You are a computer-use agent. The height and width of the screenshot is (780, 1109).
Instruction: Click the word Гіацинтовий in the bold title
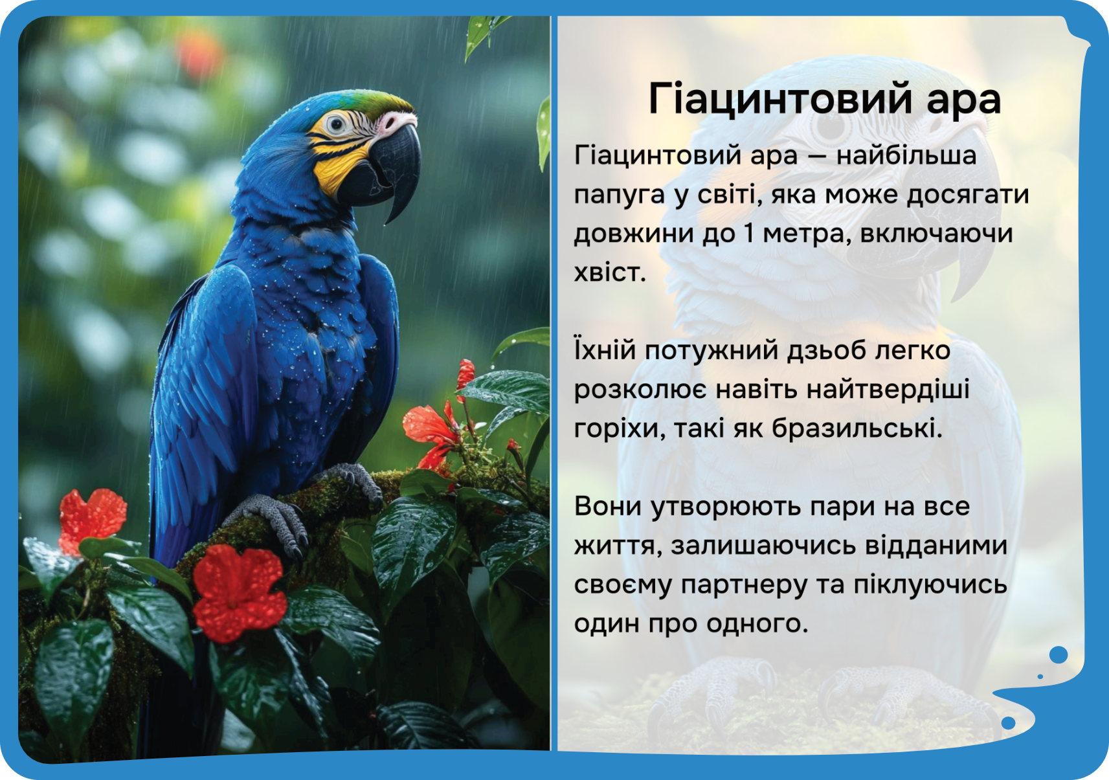pyautogui.click(x=780, y=99)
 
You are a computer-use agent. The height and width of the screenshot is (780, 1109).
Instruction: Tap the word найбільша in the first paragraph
pyautogui.click(x=906, y=155)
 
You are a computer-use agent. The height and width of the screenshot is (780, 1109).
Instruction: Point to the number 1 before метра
pyautogui.click(x=748, y=233)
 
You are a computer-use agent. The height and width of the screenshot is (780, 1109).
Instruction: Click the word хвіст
pyautogui.click(x=610, y=272)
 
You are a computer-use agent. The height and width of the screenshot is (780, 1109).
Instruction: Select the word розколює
pyautogui.click(x=641, y=390)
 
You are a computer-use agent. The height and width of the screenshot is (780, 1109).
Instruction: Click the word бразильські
pyautogui.click(x=857, y=428)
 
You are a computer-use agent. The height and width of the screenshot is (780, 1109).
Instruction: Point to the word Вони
pyautogui.click(x=607, y=506)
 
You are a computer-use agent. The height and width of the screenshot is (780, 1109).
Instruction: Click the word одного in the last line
pyautogui.click(x=757, y=623)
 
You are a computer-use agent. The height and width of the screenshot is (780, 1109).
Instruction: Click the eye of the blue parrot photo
pyautogui.click(x=337, y=123)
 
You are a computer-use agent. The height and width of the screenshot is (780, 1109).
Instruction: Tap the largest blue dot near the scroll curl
pyautogui.click(x=1058, y=655)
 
